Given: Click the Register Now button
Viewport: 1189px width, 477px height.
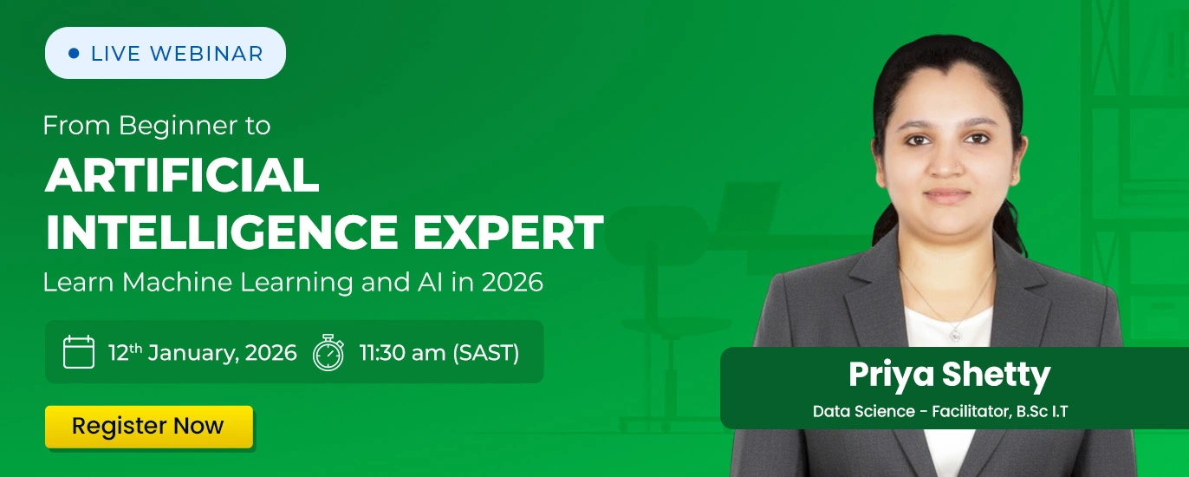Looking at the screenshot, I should [x=148, y=427].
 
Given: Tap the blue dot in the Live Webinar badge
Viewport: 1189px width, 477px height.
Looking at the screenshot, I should [x=74, y=54].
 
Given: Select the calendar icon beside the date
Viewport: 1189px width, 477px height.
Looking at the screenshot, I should [x=79, y=352].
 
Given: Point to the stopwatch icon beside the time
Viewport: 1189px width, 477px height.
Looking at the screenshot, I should [x=328, y=352].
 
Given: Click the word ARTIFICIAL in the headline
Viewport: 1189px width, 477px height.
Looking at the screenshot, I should [x=182, y=176].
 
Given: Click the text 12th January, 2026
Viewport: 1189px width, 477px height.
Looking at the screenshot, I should [x=202, y=353].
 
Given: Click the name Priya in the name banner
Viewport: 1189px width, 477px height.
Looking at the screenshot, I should [x=892, y=376].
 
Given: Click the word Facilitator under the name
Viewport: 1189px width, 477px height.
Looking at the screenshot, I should [x=967, y=411].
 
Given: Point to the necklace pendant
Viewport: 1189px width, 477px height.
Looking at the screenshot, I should [x=954, y=332].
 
